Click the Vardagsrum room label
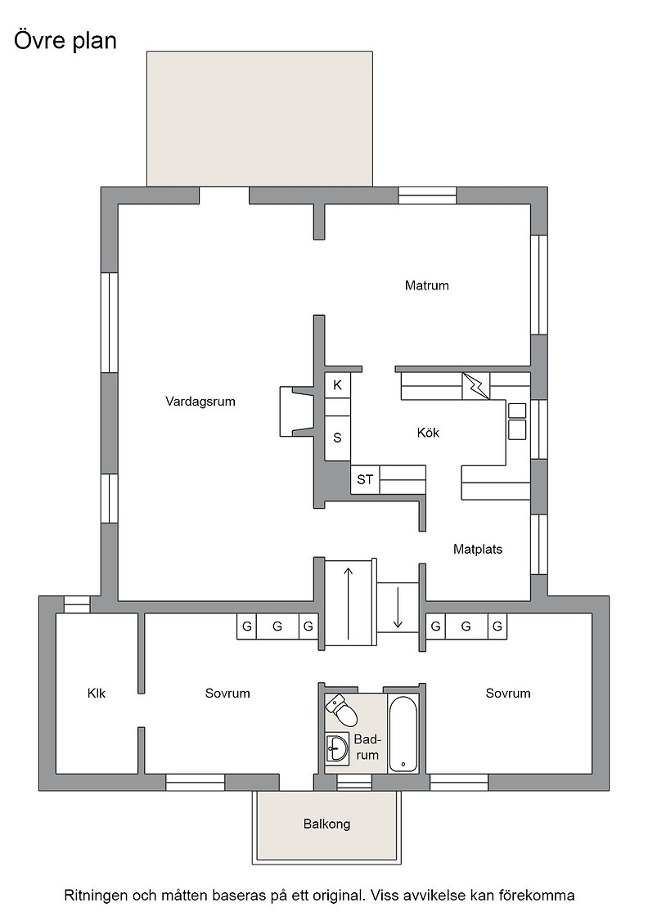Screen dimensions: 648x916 click(x=200, y=402)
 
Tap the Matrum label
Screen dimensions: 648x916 click(x=426, y=285)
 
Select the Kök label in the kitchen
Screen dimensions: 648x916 click(x=428, y=433)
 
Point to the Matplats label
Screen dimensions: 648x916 click(x=477, y=549)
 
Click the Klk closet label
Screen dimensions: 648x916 click(x=97, y=694)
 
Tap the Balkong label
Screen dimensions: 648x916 click(x=326, y=824)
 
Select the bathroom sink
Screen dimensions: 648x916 click(x=337, y=748)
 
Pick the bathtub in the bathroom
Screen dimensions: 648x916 click(x=403, y=733)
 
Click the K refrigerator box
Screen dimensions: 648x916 click(x=337, y=385)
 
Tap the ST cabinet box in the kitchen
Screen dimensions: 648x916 click(x=365, y=479)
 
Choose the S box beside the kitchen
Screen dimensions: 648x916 click(x=337, y=438)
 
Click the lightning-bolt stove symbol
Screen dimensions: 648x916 click(x=475, y=386)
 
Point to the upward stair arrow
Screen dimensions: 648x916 click(x=349, y=603)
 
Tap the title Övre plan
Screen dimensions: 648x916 click(x=65, y=41)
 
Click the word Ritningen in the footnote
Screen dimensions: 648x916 click(x=95, y=896)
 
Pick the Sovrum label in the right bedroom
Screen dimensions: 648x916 click(x=508, y=694)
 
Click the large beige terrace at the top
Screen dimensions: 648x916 click(x=259, y=119)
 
